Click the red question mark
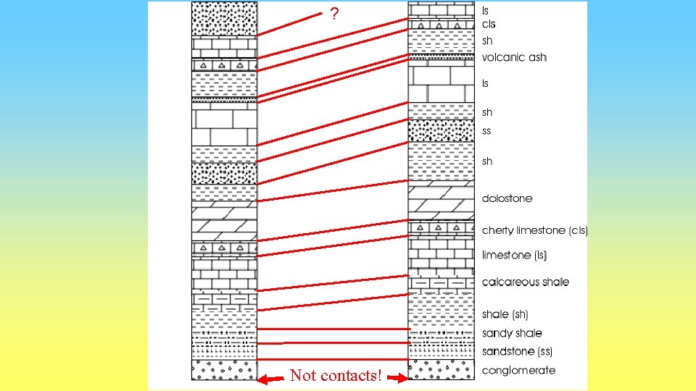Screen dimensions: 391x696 click(333, 14)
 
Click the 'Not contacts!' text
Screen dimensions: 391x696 click(335, 376)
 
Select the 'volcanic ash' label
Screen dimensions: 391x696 click(514, 57)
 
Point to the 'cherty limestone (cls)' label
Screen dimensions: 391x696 click(535, 230)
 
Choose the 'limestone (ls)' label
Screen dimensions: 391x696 click(514, 255)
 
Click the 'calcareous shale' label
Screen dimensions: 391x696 click(526, 282)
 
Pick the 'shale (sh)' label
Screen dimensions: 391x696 click(505, 314)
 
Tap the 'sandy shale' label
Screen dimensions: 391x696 click(512, 333)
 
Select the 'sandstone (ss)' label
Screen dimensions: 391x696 click(517, 351)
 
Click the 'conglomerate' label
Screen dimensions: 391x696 click(518, 370)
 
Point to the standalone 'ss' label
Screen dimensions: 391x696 click(486, 131)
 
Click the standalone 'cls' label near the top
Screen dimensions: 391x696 click(489, 25)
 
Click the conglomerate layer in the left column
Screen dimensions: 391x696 click(224, 369)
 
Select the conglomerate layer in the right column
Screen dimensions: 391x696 click(441, 369)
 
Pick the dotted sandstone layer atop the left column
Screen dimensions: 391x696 click(224, 19)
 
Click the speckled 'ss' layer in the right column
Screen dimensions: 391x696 click(441, 131)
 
